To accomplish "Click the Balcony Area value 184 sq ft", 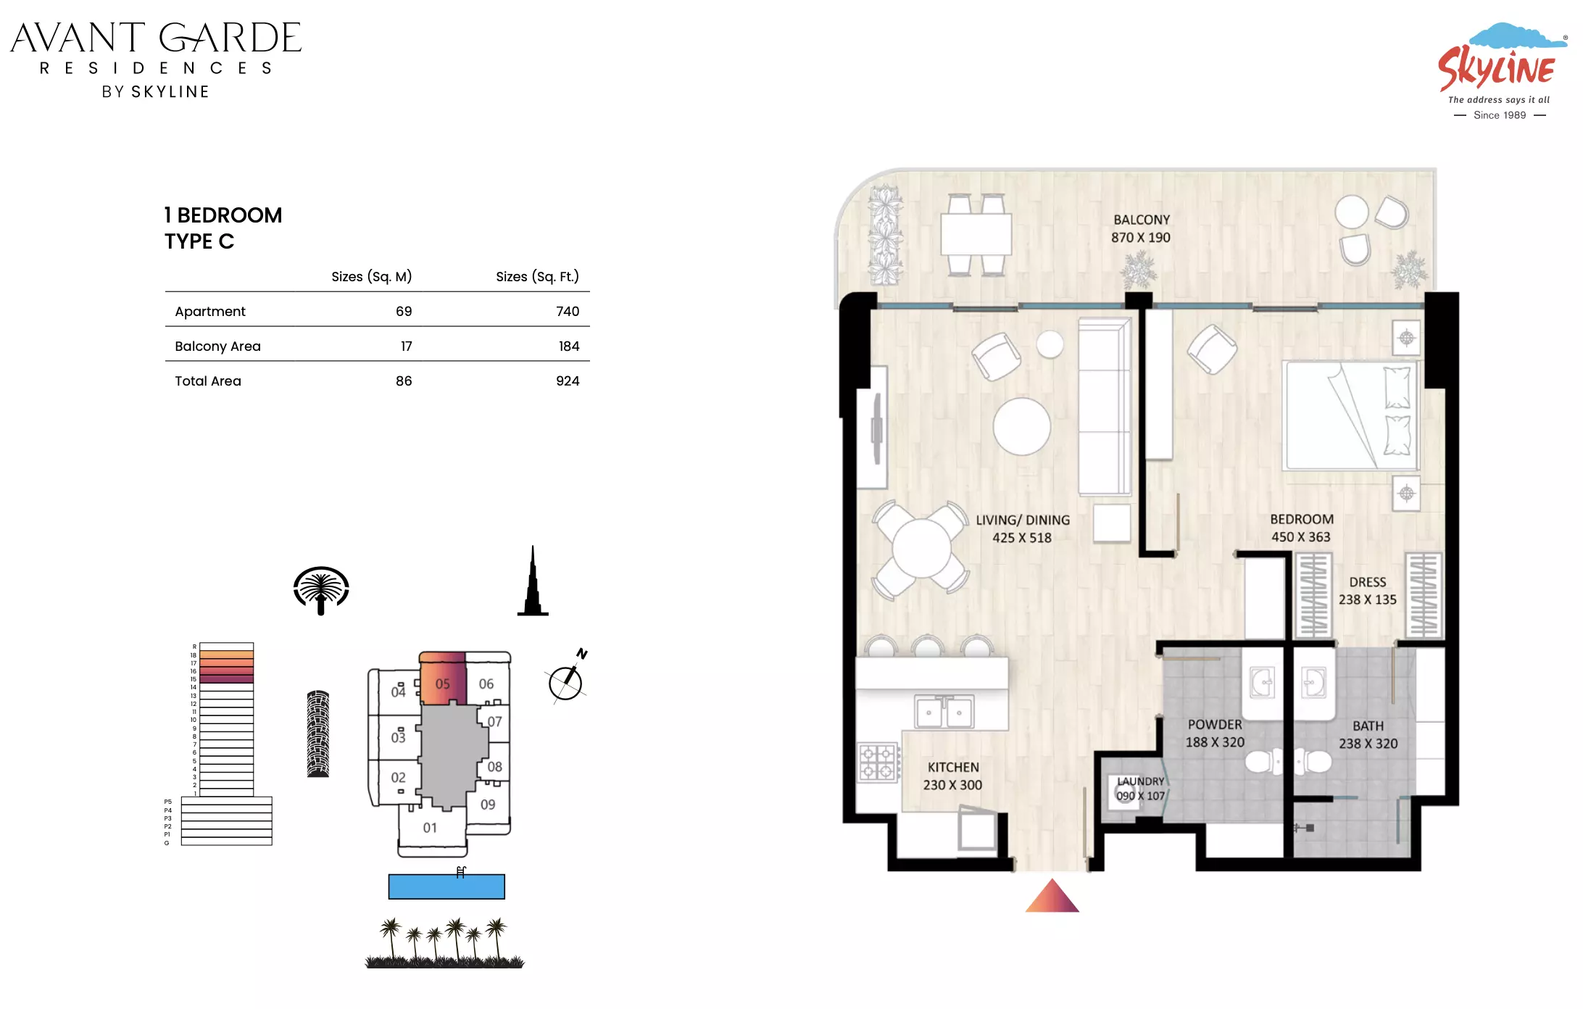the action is click(569, 346).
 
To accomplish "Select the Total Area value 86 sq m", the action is click(404, 381).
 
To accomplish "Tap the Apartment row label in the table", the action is click(210, 312).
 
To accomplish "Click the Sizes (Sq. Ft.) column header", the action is click(537, 277).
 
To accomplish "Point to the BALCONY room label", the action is click(1142, 220).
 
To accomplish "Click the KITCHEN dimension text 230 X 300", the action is click(952, 785).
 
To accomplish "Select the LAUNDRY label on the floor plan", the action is click(1140, 781).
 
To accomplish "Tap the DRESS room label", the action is click(1367, 582).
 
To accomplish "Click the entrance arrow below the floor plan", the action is click(1052, 896).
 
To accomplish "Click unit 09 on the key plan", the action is click(488, 805).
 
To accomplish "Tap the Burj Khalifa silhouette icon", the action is click(533, 581).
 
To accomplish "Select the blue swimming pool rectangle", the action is click(446, 886).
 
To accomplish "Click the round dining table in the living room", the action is click(921, 549).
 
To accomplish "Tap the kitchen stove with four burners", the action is click(878, 763).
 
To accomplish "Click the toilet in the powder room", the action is click(1263, 762).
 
